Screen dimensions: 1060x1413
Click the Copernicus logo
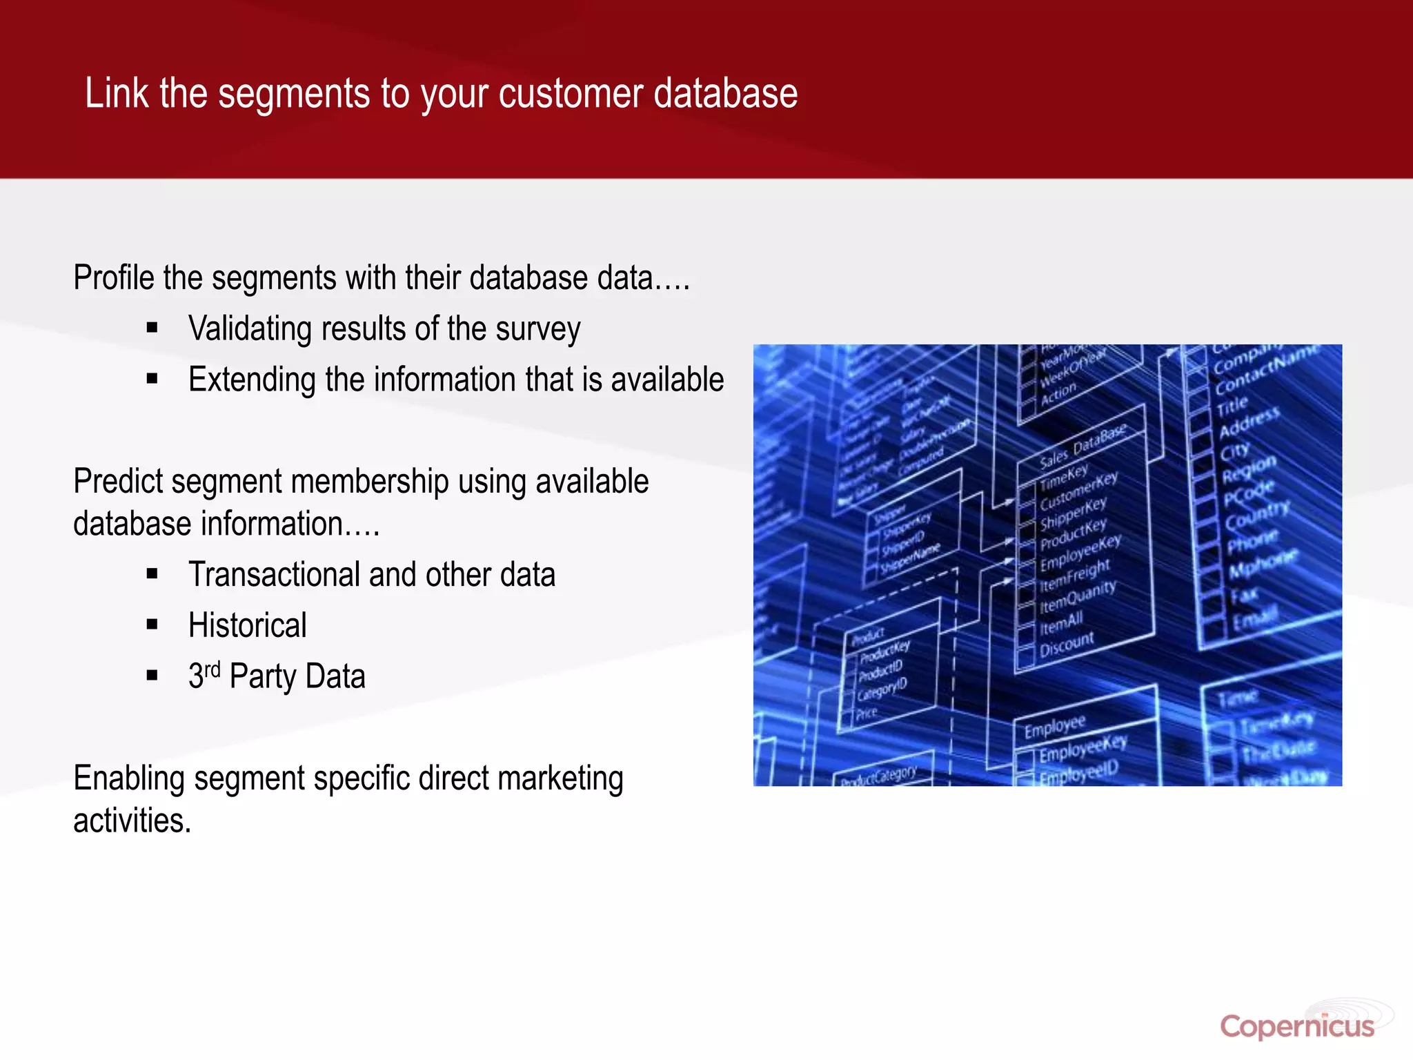pyautogui.click(x=1297, y=1026)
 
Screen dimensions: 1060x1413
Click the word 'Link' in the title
pyautogui.click(x=117, y=93)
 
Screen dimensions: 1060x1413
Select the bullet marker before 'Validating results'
pyautogui.click(x=152, y=328)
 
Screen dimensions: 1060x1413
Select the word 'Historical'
pyautogui.click(x=247, y=626)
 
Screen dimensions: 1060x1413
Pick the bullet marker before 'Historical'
pyautogui.click(x=152, y=625)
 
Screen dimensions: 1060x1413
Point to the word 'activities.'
pyautogui.click(x=132, y=821)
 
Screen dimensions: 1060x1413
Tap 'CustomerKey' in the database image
pyautogui.click(x=1078, y=490)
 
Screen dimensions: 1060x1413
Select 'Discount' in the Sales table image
pyautogui.click(x=1066, y=644)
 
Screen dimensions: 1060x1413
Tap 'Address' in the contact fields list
pyautogui.click(x=1249, y=421)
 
